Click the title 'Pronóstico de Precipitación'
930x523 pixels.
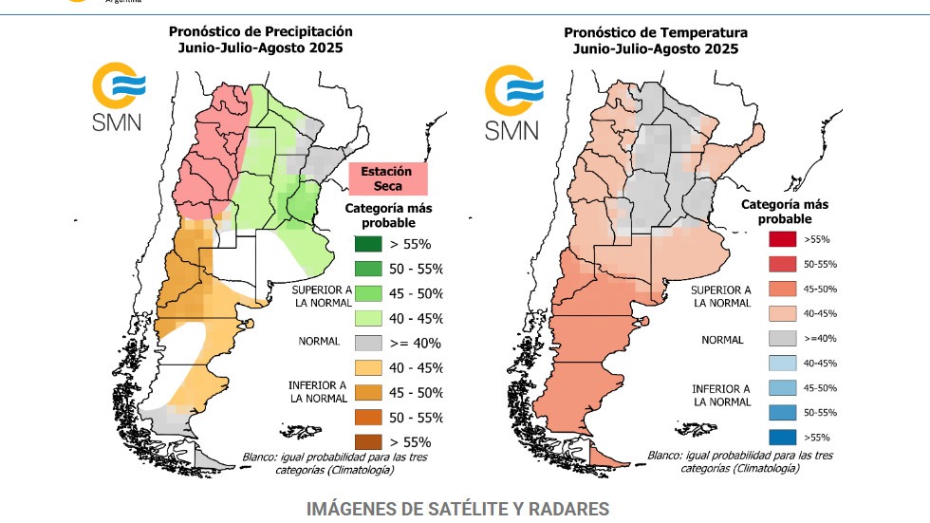[x=260, y=31]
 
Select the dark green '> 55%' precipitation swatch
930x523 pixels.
[x=370, y=244]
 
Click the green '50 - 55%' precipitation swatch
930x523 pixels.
[x=370, y=269]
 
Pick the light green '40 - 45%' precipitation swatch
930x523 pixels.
[x=370, y=318]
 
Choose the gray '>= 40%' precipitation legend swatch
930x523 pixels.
[x=370, y=343]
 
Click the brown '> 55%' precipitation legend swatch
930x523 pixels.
[x=370, y=441]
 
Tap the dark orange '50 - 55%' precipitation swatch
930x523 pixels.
[x=370, y=417]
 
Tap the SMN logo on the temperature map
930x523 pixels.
[x=512, y=103]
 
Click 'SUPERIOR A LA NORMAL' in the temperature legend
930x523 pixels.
[x=720, y=296]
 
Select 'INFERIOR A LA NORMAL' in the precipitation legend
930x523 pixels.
[x=316, y=392]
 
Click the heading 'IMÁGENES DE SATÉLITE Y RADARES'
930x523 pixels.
[x=457, y=509]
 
